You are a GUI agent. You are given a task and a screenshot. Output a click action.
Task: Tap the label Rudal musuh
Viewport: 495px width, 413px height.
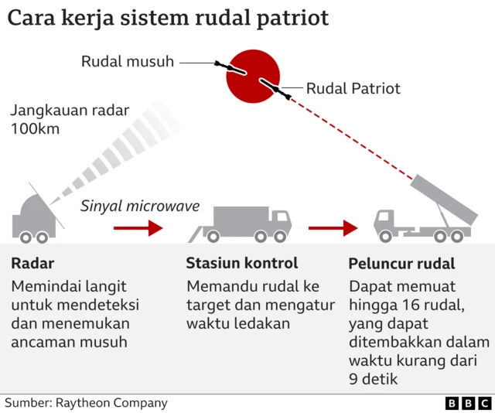pos(128,61)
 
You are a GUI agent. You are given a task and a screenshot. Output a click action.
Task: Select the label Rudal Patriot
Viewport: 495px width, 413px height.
pos(353,88)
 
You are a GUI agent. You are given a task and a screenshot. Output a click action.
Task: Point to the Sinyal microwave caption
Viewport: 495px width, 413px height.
pos(140,206)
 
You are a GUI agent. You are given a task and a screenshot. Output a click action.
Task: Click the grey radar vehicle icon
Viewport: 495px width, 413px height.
pos(36,217)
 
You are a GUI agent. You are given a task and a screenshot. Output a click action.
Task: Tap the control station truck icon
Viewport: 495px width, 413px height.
pos(241,223)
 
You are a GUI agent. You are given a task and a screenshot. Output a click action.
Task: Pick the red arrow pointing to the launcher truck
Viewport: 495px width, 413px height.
pos(333,228)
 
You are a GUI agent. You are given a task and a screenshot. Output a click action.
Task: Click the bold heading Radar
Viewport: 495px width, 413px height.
pos(32,264)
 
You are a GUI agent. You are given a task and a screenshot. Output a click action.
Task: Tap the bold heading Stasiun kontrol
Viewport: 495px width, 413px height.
pos(242,264)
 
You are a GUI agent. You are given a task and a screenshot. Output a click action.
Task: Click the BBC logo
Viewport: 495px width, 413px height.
pos(468,403)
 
